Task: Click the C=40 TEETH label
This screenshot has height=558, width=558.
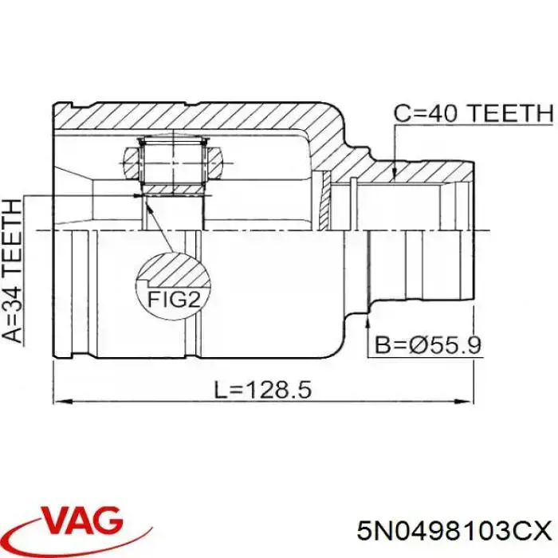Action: point(474,113)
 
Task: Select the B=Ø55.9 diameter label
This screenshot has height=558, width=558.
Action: point(428,345)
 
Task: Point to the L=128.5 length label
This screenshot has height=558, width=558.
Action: point(263,389)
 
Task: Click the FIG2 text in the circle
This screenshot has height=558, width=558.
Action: point(174,300)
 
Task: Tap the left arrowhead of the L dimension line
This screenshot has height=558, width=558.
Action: point(62,402)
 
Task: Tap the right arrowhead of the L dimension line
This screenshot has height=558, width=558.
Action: point(465,402)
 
